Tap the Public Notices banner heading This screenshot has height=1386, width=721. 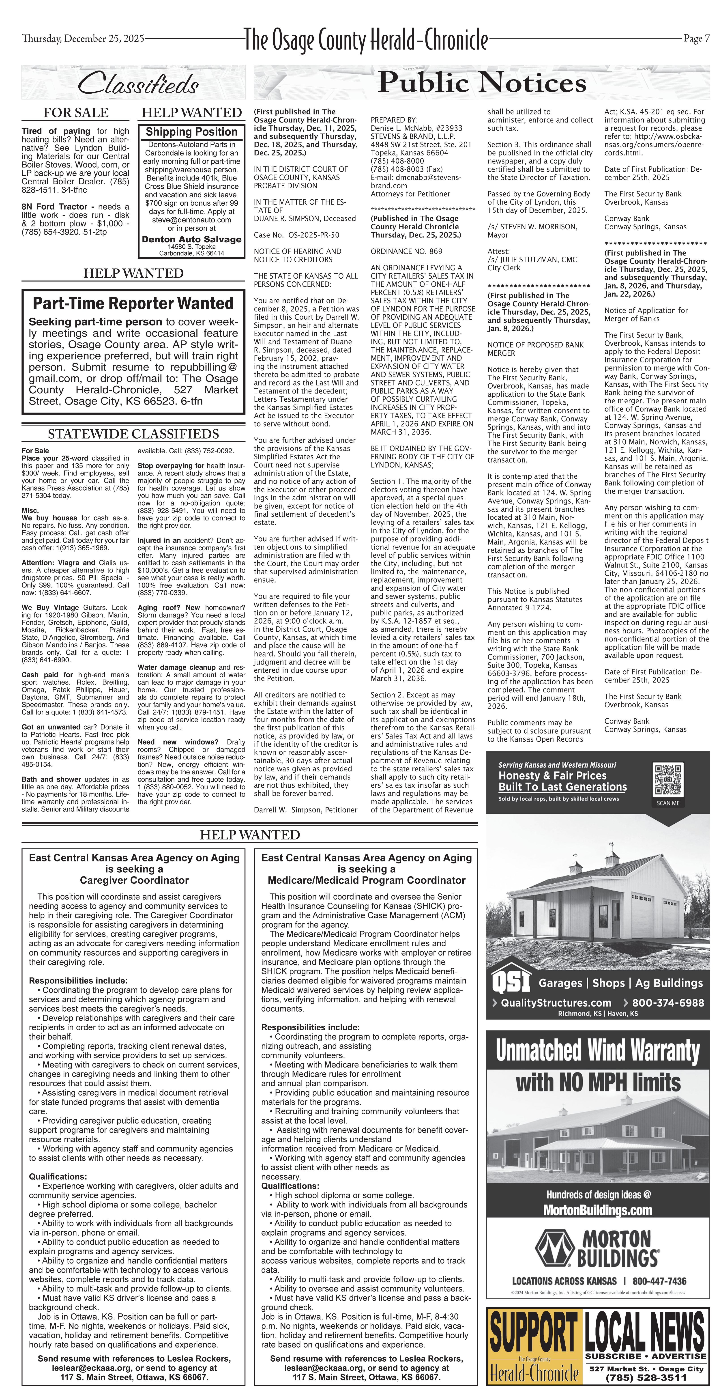[482, 82]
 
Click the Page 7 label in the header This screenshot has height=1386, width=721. [696, 39]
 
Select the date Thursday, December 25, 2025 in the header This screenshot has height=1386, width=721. [83, 39]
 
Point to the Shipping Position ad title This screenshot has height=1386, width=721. [191, 132]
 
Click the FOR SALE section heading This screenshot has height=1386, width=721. [76, 112]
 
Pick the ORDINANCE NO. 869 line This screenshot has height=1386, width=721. [406, 251]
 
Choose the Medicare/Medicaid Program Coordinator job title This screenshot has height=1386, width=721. [366, 880]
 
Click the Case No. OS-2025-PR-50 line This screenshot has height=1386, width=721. [296, 235]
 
